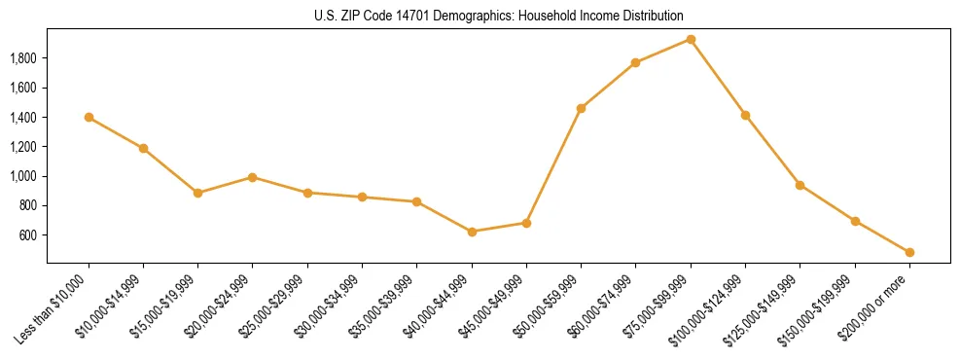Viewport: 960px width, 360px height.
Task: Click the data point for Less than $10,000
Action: click(89, 117)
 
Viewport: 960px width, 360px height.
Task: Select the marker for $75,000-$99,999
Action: click(691, 39)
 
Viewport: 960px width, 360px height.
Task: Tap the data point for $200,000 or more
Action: click(909, 252)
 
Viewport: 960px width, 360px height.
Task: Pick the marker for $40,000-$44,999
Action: click(472, 232)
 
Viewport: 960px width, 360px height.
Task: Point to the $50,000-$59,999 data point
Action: click(581, 108)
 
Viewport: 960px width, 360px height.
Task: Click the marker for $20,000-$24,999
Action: click(252, 177)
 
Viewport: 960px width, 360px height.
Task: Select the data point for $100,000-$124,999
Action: click(745, 115)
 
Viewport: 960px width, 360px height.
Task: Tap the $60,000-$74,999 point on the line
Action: click(635, 62)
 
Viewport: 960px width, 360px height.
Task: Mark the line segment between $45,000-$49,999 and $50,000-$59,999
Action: click(553, 165)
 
